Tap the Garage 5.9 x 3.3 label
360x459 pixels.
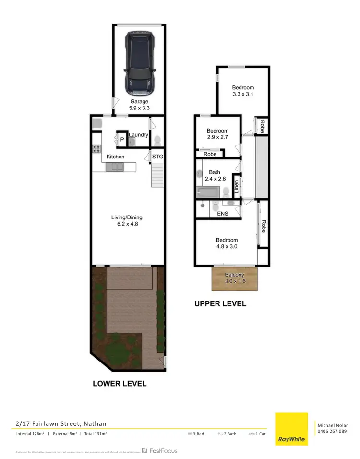(x=139, y=105)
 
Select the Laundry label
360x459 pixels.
(x=138, y=135)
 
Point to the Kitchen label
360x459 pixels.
(x=115, y=157)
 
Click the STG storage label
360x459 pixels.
(x=157, y=157)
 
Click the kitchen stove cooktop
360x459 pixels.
(x=96, y=149)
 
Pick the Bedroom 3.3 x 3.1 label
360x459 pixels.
(x=243, y=91)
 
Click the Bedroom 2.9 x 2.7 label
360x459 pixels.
(x=217, y=134)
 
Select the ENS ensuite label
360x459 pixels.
(x=223, y=214)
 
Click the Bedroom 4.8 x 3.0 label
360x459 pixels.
(x=227, y=243)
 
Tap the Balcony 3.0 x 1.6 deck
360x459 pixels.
(x=234, y=278)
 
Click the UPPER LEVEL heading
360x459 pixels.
(x=220, y=304)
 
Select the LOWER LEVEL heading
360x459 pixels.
(x=120, y=384)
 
